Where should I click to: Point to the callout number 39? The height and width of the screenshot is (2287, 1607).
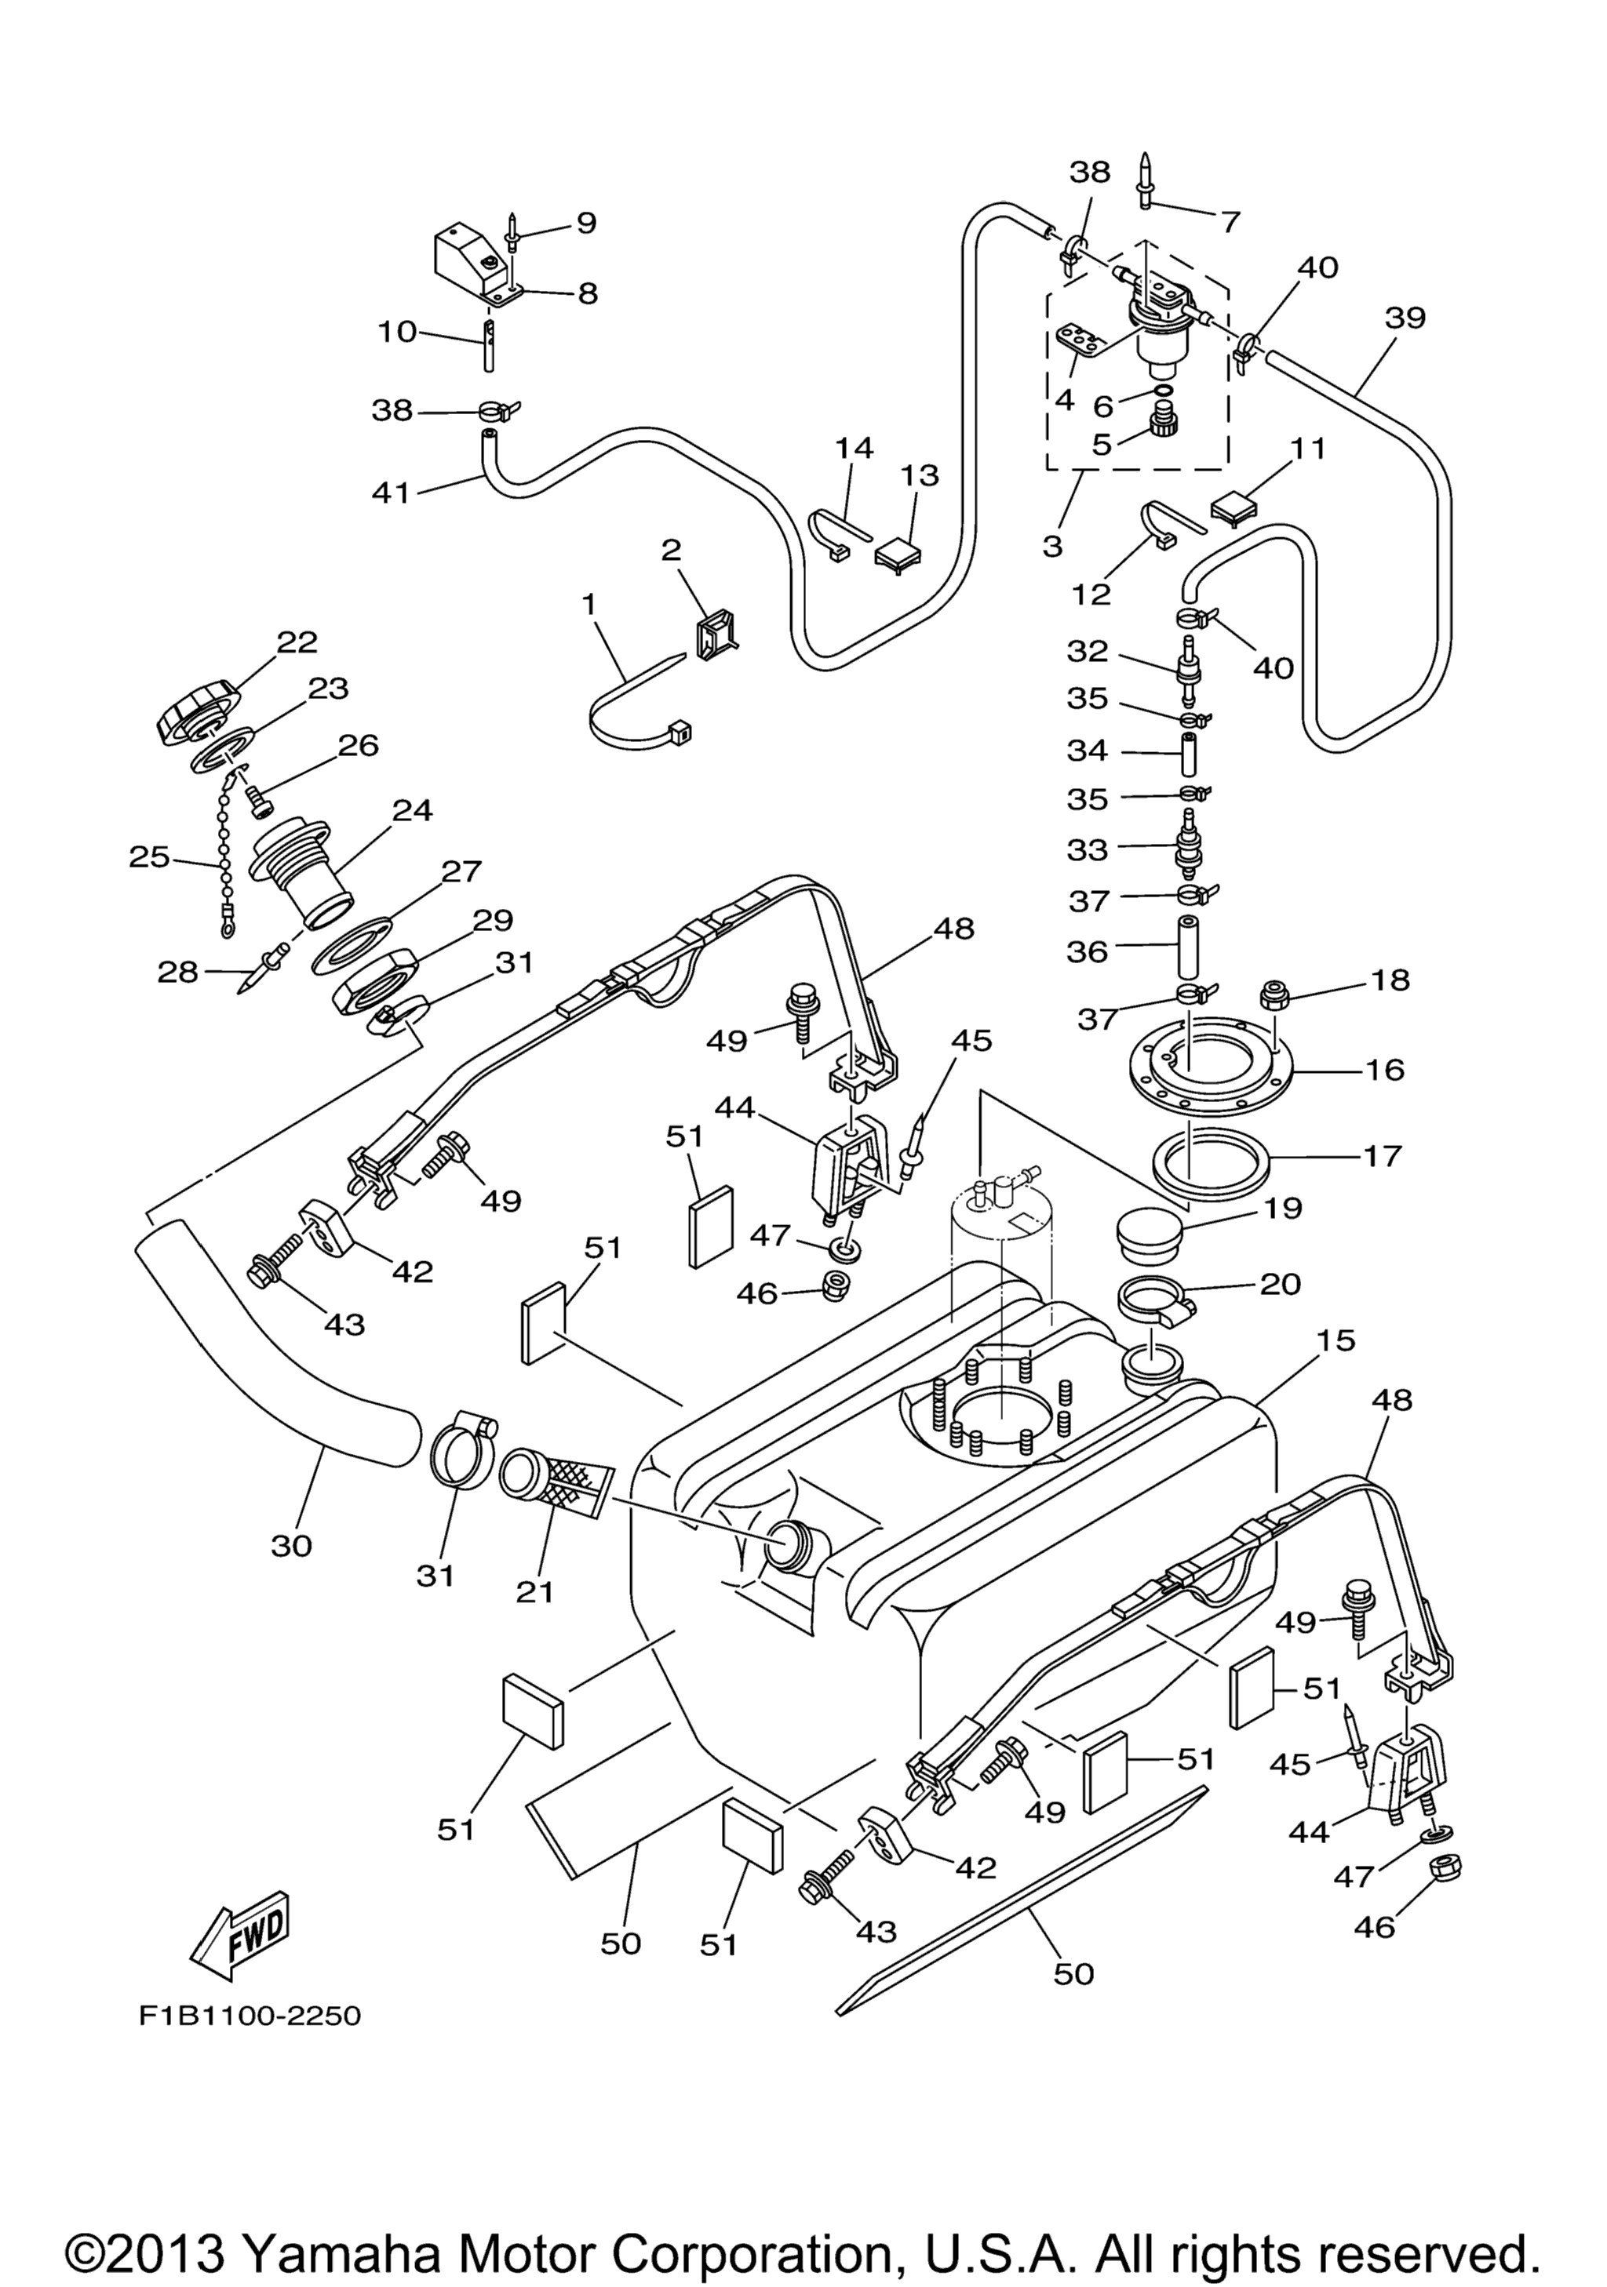click(1405, 318)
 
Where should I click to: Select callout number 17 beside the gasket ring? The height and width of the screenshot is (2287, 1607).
click(1381, 1155)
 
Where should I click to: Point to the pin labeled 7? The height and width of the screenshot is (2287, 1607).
click(1146, 180)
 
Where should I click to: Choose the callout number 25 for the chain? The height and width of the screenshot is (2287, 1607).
click(149, 856)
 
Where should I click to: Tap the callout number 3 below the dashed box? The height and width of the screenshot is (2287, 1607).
click(1053, 546)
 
